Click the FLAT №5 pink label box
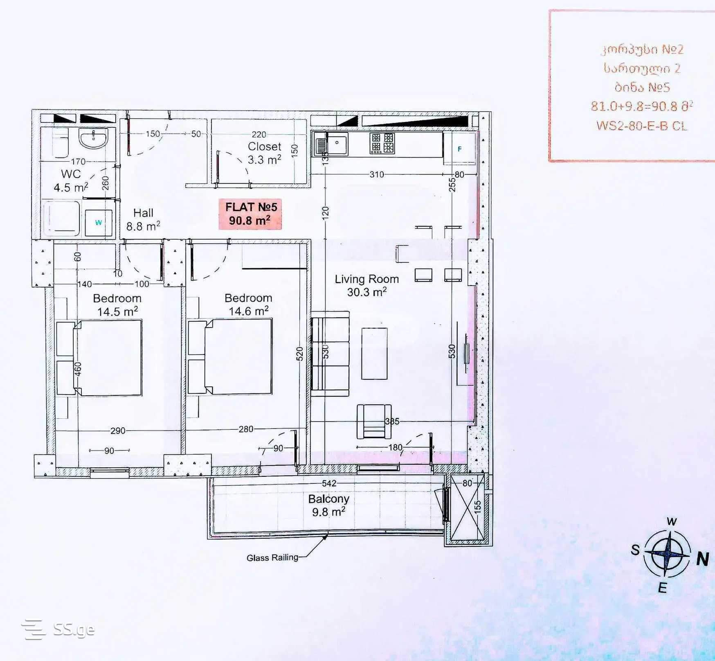tap(250, 214)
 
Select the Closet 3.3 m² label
tap(265, 153)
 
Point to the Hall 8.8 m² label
tap(143, 219)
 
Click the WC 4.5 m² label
tap(71, 180)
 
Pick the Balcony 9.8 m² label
tap(328, 505)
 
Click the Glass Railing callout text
tap(272, 557)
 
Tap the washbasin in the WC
tap(94, 138)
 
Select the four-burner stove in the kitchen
tap(382, 143)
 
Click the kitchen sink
tap(331, 144)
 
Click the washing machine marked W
tap(99, 223)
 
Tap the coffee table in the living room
tap(374, 354)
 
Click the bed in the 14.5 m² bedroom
tap(108, 358)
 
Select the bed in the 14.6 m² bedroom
tap(238, 357)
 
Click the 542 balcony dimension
tap(329, 483)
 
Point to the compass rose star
tap(667, 553)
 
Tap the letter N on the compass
tap(702, 559)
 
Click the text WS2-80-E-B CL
tap(642, 126)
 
